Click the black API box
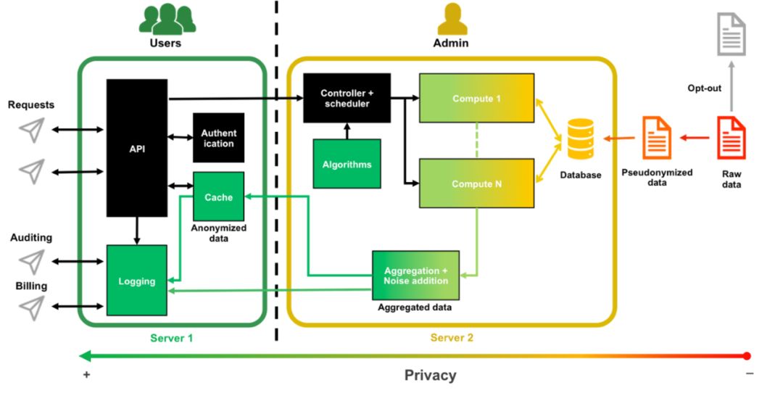[x=137, y=148]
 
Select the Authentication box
[x=218, y=138]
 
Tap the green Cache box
[x=218, y=196]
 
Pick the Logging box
[x=137, y=281]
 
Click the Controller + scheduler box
[x=346, y=98]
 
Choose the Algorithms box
[x=347, y=164]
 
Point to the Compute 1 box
[x=476, y=98]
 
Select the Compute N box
[x=476, y=184]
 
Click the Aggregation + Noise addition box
[x=415, y=276]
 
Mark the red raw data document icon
[x=730, y=138]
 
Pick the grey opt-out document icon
[x=731, y=34]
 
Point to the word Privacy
[x=431, y=375]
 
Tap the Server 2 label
[x=452, y=338]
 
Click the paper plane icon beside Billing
[x=32, y=307]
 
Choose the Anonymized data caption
[x=218, y=233]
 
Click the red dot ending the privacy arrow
[x=747, y=356]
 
